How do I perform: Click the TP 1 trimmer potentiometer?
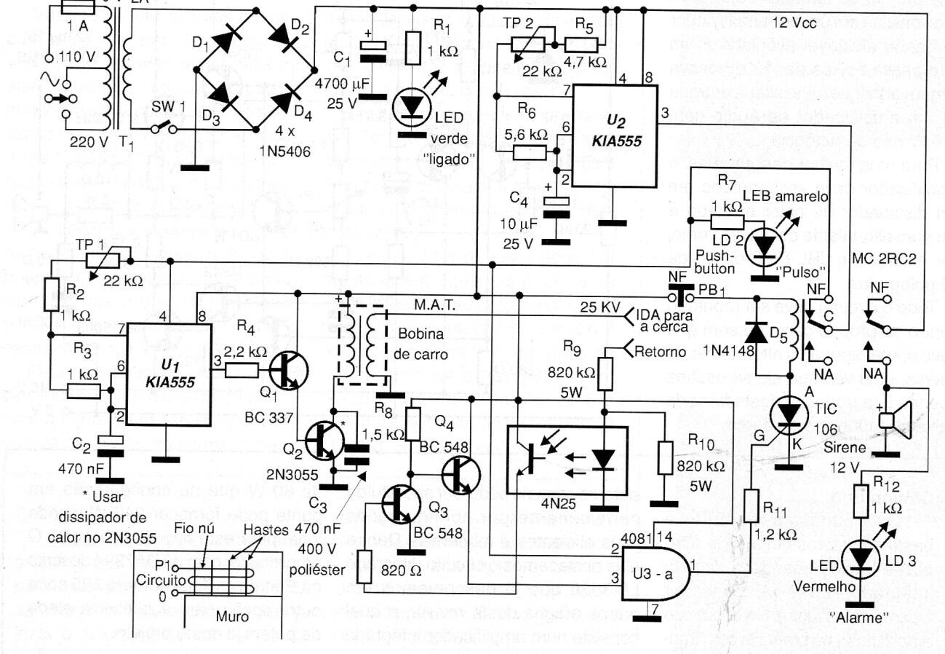click(106, 261)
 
